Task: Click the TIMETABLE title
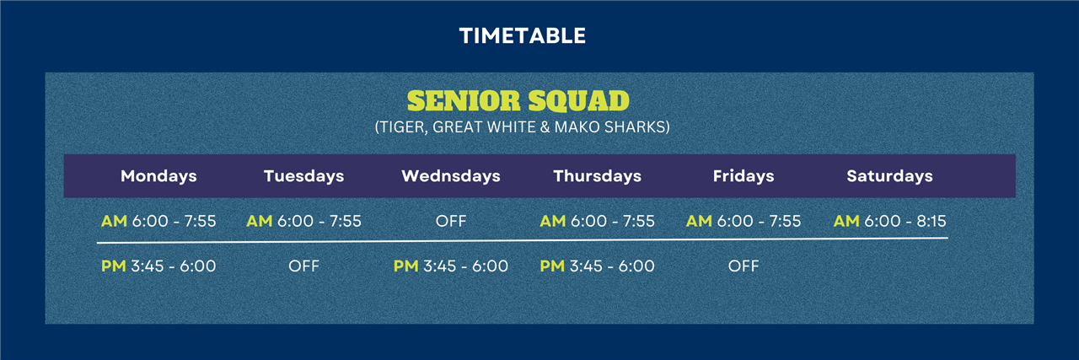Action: (x=522, y=35)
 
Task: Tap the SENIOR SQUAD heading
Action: (x=518, y=100)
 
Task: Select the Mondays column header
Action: (x=158, y=176)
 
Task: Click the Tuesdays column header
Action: (x=304, y=176)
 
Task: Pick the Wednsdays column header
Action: (x=451, y=176)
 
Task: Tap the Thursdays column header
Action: (x=598, y=176)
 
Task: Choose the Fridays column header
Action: (x=743, y=176)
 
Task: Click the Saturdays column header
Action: (x=889, y=176)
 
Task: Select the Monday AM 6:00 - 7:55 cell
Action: (x=158, y=221)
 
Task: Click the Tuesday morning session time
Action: (x=304, y=221)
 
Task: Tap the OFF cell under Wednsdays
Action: (x=451, y=221)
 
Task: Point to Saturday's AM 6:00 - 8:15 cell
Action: (x=889, y=221)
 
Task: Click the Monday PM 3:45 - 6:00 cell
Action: (x=158, y=266)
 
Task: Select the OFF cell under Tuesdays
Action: (x=304, y=266)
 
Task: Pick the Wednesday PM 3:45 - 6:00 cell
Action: (x=451, y=266)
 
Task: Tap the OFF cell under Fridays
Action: (x=743, y=266)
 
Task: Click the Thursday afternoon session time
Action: (x=598, y=266)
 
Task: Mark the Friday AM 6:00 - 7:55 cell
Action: (x=743, y=221)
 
